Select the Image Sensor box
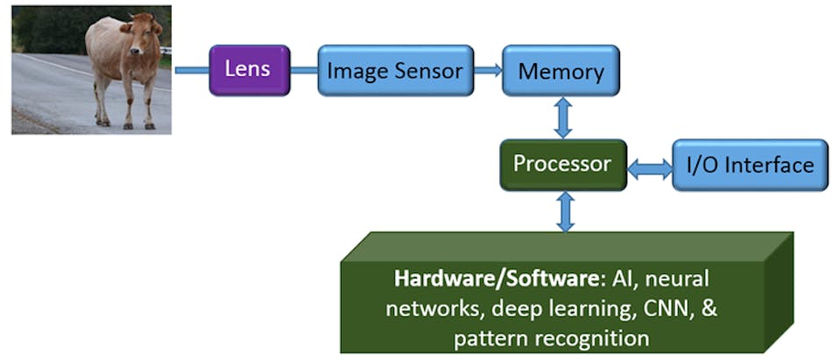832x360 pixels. (394, 71)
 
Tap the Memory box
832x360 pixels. (561, 71)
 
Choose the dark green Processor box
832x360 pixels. (562, 164)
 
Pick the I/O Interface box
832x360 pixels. (750, 165)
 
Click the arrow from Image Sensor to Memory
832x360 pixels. (488, 70)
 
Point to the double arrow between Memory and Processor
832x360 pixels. (563, 116)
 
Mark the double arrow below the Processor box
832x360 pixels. (566, 211)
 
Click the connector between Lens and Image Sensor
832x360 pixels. (303, 70)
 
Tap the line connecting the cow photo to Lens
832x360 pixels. (190, 70)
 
